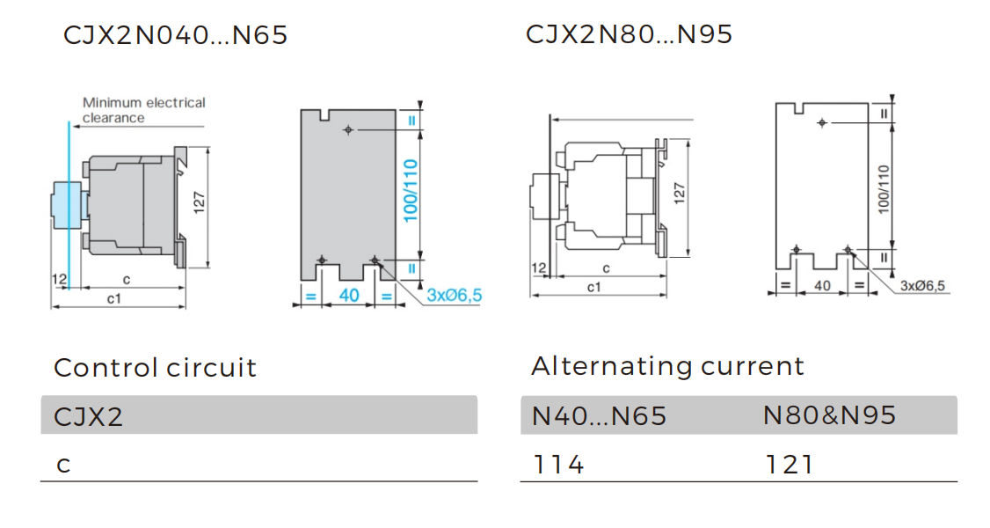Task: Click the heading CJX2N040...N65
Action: pyautogui.click(x=175, y=36)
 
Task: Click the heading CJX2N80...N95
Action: pyautogui.click(x=629, y=34)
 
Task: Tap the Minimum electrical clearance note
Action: pyautogui.click(x=143, y=110)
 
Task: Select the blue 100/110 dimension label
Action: pyautogui.click(x=411, y=191)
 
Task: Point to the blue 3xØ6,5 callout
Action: pyautogui.click(x=454, y=296)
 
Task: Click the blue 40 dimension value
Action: pyautogui.click(x=349, y=296)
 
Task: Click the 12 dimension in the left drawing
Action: pyautogui.click(x=59, y=279)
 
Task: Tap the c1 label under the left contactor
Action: pyautogui.click(x=113, y=299)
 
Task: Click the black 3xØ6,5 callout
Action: pyautogui.click(x=921, y=286)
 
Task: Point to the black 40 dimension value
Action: pyautogui.click(x=823, y=286)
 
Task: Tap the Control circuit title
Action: pyautogui.click(x=155, y=368)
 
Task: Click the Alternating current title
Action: pyautogui.click(x=667, y=366)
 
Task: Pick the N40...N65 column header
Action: pyautogui.click(x=599, y=415)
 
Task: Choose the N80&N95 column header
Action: pyautogui.click(x=829, y=415)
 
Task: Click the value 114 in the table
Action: pyautogui.click(x=558, y=464)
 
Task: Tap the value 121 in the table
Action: pyautogui.click(x=789, y=464)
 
